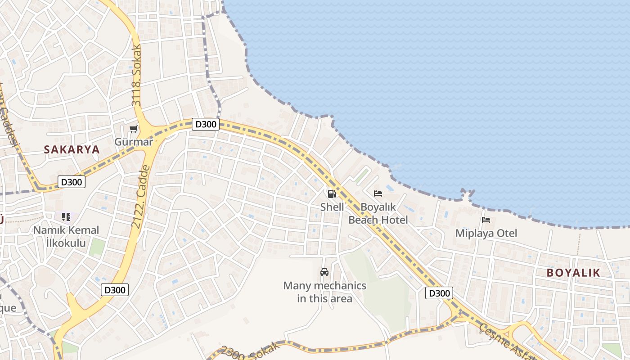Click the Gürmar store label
click(134, 142)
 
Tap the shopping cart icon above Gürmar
click(134, 130)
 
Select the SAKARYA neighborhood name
click(72, 150)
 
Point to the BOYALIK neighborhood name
click(573, 273)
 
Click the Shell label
click(332, 207)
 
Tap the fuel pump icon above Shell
click(332, 194)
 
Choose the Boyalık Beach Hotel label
click(378, 214)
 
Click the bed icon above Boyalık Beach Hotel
click(378, 193)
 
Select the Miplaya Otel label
click(486, 233)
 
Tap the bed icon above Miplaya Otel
click(486, 220)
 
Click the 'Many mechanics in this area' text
click(324, 292)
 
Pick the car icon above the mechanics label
click(324, 272)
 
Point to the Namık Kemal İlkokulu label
click(66, 237)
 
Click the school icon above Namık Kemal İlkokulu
click(66, 217)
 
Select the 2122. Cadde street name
click(140, 197)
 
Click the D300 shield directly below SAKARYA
click(72, 182)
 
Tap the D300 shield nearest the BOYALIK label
click(438, 293)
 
